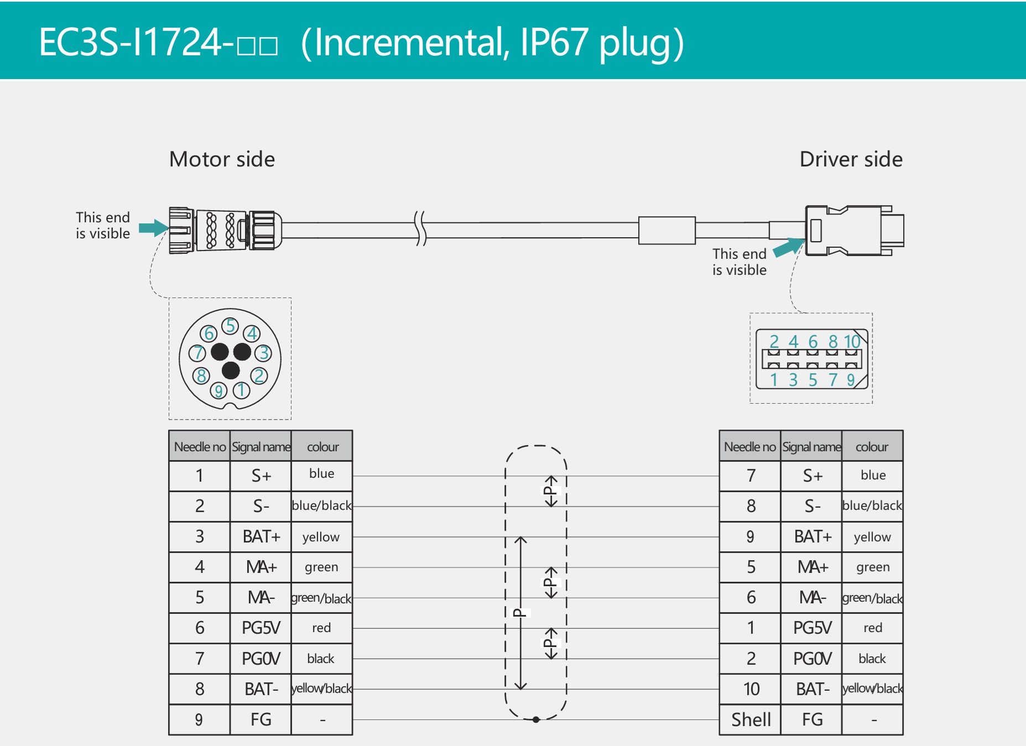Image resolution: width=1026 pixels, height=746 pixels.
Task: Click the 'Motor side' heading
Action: (x=222, y=159)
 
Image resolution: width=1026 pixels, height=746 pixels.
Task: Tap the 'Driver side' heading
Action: (x=851, y=159)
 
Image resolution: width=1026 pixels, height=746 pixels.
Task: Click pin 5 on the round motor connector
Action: (x=231, y=326)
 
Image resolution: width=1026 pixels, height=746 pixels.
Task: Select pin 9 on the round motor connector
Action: (x=218, y=391)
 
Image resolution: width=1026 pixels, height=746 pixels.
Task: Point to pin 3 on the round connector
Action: (x=264, y=353)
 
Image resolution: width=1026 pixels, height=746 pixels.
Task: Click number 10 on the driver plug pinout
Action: (x=852, y=342)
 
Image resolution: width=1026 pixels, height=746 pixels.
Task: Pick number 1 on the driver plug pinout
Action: (x=774, y=380)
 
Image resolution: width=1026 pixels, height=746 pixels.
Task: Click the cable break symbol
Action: (x=421, y=228)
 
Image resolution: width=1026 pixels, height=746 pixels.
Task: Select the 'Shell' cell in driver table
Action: (x=751, y=719)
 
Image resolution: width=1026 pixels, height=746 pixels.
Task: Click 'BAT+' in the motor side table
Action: (x=261, y=536)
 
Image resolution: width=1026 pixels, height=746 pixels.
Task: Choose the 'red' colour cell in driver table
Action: (x=872, y=628)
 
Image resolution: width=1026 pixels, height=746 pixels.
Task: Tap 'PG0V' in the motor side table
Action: (x=261, y=659)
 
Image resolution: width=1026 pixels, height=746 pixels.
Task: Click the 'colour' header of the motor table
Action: (x=322, y=447)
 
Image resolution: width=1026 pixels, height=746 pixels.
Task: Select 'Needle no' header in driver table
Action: (x=749, y=447)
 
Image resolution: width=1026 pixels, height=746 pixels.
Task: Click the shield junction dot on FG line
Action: (x=536, y=719)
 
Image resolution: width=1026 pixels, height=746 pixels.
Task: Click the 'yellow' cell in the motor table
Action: (x=321, y=537)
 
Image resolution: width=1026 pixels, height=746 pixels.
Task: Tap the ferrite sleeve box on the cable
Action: (x=666, y=230)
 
